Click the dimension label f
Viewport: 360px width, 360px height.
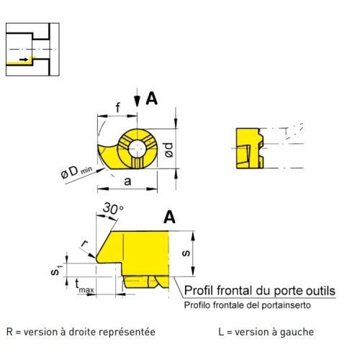[118, 107]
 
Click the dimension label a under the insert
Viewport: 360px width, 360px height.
[127, 181]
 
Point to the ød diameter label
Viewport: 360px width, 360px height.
[169, 150]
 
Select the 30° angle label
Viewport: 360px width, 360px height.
[113, 208]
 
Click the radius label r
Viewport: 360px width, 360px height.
[84, 243]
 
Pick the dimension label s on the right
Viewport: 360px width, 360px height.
[186, 253]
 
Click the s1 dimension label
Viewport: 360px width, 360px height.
[56, 270]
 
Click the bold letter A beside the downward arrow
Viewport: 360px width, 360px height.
[152, 99]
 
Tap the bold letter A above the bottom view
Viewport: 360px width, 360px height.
[169, 217]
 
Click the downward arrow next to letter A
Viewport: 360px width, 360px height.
[137, 97]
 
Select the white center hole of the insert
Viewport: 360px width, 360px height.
[137, 149]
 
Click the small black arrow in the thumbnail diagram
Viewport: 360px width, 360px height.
[24, 59]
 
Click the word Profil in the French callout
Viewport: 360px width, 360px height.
[199, 291]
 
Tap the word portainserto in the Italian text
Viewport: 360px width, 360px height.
[286, 305]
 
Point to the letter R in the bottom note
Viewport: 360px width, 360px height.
[9, 332]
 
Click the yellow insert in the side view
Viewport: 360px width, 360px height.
[250, 148]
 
